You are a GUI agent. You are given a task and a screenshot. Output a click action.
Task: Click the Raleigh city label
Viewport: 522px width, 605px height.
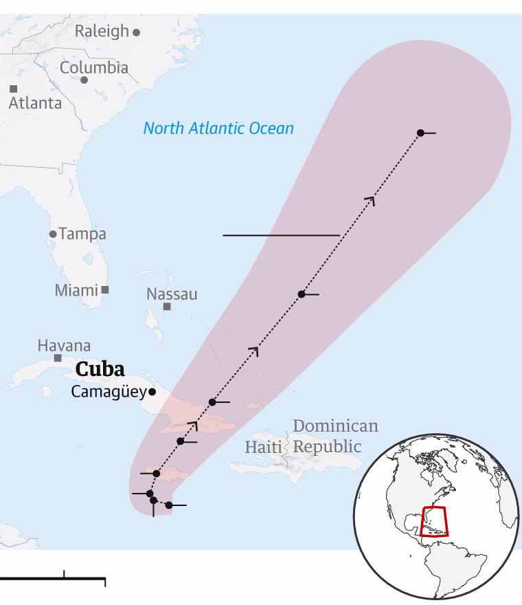pos(102,31)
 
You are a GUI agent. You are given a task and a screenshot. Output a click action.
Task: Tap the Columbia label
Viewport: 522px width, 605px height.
pos(94,67)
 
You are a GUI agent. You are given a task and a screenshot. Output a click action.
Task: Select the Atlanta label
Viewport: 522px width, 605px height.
pos(35,103)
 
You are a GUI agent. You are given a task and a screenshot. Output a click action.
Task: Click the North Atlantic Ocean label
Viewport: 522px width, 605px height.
pos(218,128)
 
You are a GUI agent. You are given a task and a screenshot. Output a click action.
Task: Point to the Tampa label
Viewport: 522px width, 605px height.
pos(82,234)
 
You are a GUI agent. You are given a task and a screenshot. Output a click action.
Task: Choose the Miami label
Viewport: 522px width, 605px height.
pos(76,290)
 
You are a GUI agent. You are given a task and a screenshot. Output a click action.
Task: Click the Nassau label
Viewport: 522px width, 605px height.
pos(172,294)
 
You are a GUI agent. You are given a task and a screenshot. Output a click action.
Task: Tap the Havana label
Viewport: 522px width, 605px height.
pos(64,345)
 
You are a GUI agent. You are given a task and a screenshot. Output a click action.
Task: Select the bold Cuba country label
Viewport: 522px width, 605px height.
pos(100,369)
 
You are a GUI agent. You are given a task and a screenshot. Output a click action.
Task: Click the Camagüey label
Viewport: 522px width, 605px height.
pos(109,392)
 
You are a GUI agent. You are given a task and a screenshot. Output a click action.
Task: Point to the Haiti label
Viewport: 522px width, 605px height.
pos(264,448)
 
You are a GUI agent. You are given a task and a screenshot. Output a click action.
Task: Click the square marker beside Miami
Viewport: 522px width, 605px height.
pos(105,289)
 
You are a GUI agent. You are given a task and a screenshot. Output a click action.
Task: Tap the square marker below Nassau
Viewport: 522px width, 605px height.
pos(167,307)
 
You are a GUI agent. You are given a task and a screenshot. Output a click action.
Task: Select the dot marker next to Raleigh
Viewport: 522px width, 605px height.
pos(137,32)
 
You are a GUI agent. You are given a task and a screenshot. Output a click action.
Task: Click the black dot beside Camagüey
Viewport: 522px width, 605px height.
pos(152,392)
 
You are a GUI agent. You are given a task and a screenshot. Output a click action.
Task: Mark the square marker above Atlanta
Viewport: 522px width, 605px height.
pos(13,89)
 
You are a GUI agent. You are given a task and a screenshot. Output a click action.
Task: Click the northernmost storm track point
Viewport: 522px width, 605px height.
pos(420,133)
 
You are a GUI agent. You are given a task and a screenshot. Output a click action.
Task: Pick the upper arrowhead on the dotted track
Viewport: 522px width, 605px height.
pos(372,199)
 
